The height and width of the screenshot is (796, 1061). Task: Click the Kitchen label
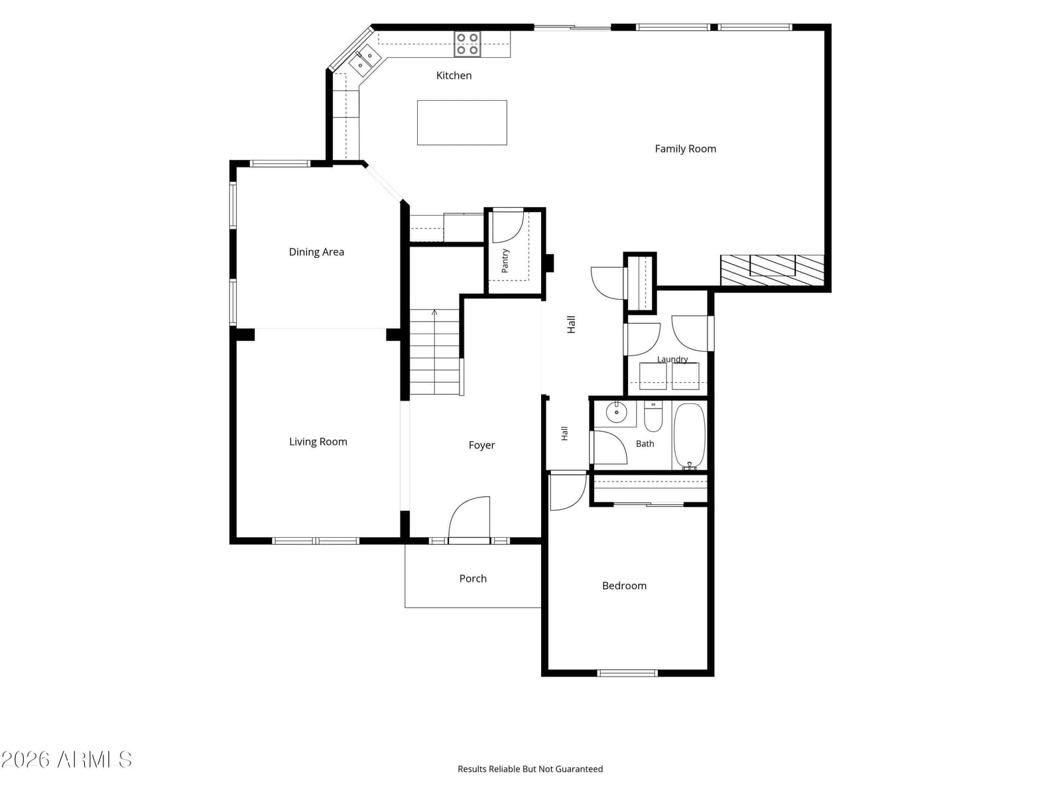click(x=454, y=76)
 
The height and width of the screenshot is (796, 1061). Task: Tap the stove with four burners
click(x=467, y=44)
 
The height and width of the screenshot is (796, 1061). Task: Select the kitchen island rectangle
click(x=462, y=123)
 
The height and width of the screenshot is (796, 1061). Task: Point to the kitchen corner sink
click(x=365, y=60)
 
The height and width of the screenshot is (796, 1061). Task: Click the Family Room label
click(x=685, y=149)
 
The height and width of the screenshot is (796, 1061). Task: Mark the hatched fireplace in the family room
click(x=771, y=270)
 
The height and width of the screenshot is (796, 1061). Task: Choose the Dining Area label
click(x=316, y=252)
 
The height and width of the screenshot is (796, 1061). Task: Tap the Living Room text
click(x=318, y=442)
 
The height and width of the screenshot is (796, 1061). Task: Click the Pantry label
click(x=505, y=261)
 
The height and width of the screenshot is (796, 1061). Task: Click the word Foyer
click(x=481, y=445)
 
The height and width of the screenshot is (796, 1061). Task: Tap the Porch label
click(x=473, y=578)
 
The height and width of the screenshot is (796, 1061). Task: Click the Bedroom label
click(x=624, y=586)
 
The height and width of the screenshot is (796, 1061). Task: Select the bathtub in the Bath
click(x=689, y=436)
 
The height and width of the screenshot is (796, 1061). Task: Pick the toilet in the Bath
click(x=653, y=417)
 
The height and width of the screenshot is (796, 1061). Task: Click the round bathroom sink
click(x=616, y=412)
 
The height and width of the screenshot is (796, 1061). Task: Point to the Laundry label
click(x=672, y=359)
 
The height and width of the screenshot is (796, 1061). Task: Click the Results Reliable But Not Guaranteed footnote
click(x=530, y=769)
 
